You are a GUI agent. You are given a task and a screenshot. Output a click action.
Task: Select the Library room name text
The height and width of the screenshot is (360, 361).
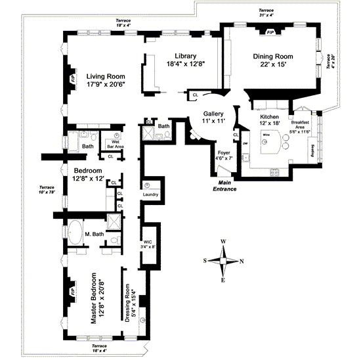tap(181, 56)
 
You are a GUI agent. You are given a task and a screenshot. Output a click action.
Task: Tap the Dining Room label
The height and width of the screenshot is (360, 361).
tap(276, 56)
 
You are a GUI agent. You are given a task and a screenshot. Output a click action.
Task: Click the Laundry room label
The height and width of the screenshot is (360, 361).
tap(151, 194)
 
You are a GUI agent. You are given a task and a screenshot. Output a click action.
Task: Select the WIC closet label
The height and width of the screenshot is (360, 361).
tap(148, 244)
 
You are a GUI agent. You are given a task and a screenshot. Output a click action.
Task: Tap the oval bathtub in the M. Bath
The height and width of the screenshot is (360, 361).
tap(76, 234)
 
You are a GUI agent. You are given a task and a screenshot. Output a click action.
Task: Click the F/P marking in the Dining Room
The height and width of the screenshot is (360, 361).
tap(270, 31)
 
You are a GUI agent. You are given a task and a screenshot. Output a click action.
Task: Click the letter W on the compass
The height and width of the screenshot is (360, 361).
tap(223, 241)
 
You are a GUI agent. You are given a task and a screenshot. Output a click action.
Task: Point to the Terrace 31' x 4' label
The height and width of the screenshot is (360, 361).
tap(266, 13)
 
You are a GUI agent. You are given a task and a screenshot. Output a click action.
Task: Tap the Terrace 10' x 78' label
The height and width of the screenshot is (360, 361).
tap(47, 189)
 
